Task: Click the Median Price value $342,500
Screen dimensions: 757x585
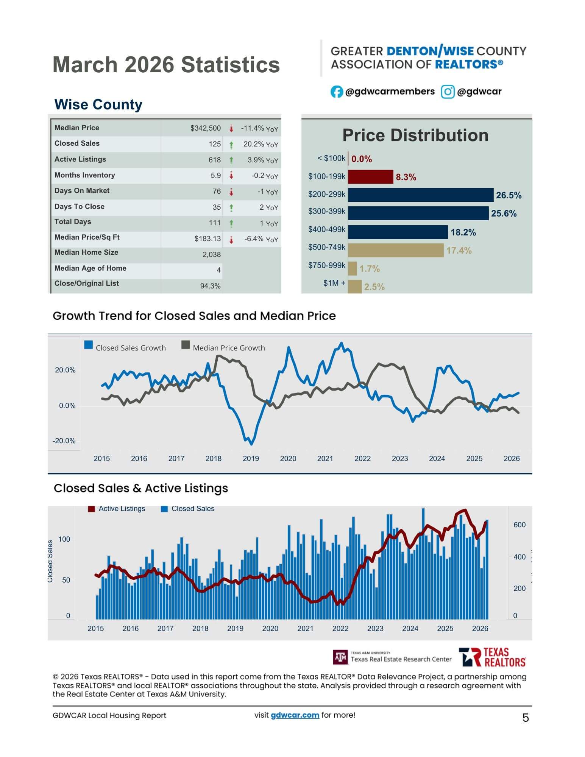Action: [205, 128]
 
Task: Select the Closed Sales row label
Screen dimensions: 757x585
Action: [77, 143]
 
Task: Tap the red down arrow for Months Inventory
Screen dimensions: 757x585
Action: [231, 176]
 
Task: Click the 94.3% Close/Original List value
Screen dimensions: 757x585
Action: [210, 286]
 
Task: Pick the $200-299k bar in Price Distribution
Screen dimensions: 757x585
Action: [420, 195]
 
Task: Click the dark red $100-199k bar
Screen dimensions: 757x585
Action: [370, 177]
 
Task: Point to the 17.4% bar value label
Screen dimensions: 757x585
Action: [459, 251]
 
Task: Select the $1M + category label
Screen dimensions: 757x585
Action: [334, 283]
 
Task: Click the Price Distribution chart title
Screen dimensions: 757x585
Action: [415, 136]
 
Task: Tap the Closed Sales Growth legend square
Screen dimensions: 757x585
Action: [89, 345]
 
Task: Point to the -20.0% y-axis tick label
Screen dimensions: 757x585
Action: [64, 441]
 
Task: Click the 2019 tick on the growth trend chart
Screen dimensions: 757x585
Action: [251, 459]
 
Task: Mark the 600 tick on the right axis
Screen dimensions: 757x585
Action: [519, 525]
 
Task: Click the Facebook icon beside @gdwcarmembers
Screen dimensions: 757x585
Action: [336, 92]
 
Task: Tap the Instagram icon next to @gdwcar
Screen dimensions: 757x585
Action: [447, 92]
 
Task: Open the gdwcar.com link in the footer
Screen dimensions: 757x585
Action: [295, 715]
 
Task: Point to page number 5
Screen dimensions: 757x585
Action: [525, 718]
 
